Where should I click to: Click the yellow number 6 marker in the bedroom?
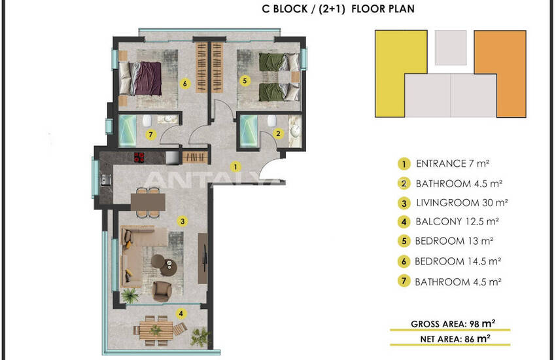tap(184, 84)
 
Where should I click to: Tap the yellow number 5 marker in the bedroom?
tap(245, 81)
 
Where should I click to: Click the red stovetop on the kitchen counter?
tap(139, 157)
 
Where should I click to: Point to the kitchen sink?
tap(105, 180)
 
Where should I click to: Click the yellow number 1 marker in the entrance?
tap(235, 166)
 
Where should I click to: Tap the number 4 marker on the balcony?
tap(181, 314)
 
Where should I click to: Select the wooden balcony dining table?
tap(156, 331)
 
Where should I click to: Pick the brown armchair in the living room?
tap(162, 291)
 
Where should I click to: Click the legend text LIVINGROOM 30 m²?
tap(462, 203)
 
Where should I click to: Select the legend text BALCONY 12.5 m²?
tap(457, 222)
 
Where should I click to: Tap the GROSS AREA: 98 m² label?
tap(453, 323)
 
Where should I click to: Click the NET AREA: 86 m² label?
tap(455, 338)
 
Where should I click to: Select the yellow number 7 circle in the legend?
tap(404, 281)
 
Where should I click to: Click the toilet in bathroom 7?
tap(147, 120)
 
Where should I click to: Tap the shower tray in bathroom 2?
tap(249, 130)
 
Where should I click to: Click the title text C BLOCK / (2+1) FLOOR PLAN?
tap(338, 9)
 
